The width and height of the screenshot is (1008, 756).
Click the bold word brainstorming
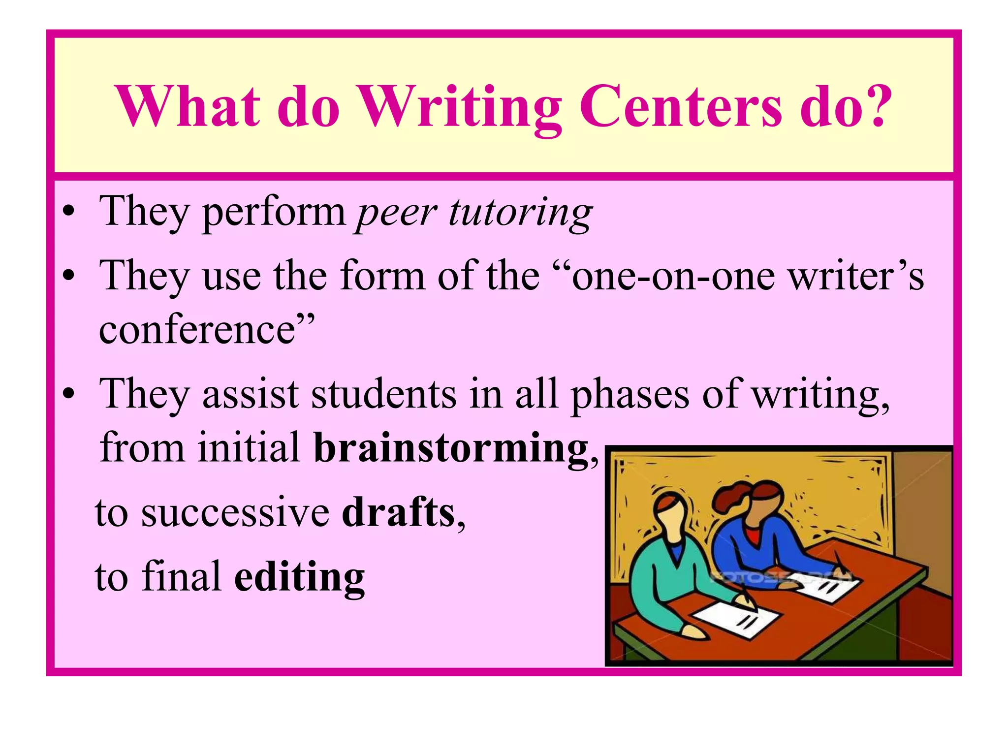(x=451, y=448)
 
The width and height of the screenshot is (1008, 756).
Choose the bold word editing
(x=299, y=577)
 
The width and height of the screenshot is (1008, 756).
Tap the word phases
(x=630, y=395)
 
